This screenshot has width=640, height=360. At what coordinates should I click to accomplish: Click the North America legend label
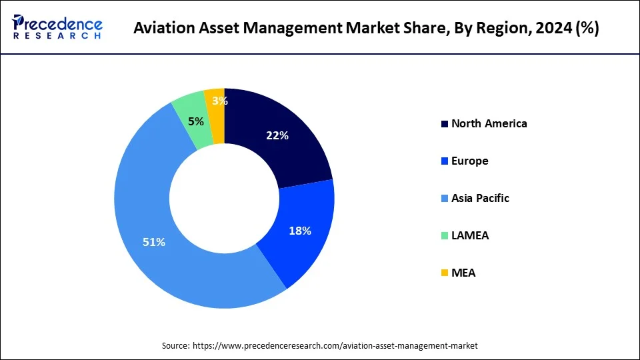489,123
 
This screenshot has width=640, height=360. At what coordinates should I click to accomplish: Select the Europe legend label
469,161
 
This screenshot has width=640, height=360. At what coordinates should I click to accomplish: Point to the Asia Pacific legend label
480,198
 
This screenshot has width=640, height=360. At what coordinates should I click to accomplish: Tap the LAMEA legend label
470,235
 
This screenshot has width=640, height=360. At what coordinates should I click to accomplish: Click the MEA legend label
463,273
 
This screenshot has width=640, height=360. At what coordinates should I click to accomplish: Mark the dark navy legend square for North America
445,124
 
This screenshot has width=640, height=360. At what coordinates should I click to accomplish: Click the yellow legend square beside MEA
445,273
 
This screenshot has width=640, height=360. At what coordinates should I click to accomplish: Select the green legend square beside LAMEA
445,236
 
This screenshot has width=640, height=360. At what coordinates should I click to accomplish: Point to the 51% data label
154,243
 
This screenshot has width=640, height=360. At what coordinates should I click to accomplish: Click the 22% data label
277,136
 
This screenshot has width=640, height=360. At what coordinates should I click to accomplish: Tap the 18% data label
301,231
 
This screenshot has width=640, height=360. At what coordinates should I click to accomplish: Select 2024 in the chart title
552,29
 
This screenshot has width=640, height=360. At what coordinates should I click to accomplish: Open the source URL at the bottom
335,345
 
